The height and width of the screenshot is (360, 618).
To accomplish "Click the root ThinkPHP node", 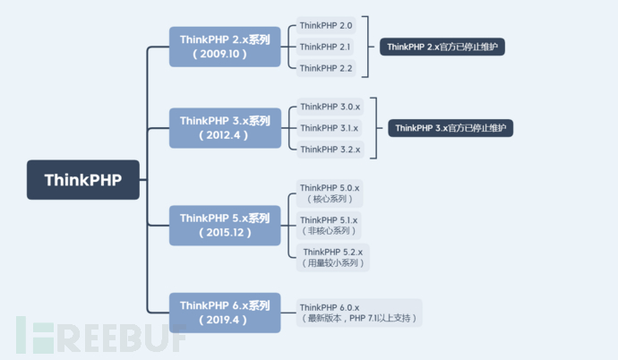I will pos(86,179).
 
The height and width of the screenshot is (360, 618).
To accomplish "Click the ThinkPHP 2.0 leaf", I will pos(326,26).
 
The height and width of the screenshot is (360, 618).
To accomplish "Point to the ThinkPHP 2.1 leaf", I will pos(326,47).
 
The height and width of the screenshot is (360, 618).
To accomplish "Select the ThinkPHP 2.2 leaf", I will pos(326,68).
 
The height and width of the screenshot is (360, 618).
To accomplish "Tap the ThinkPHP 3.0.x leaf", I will pos(330,107).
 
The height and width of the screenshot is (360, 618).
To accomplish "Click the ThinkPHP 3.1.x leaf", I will pos(330,128).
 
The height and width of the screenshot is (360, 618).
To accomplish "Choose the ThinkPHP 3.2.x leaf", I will pos(330,150).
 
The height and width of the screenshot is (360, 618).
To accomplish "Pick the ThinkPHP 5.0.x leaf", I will pos(330,193).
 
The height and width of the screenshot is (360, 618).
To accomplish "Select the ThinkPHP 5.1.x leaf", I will pos(329,225).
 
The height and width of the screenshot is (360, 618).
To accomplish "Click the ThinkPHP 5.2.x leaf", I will pos(332,257).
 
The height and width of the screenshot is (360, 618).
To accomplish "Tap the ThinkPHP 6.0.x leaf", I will pos(359,312).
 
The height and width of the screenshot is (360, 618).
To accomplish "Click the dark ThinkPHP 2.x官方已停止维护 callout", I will pos(442,47).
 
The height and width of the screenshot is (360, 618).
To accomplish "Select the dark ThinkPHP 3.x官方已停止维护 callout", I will pos(451,128).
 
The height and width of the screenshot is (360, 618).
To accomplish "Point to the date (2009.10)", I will pos(220,54).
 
